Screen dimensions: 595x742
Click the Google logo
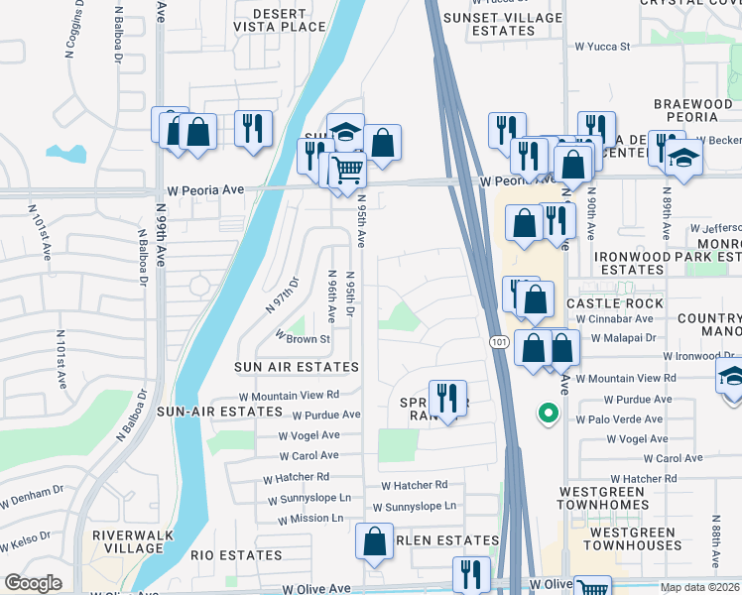point(33,583)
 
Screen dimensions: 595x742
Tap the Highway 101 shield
point(498,341)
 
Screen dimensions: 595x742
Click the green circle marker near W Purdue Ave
point(545,414)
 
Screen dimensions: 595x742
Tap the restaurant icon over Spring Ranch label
point(447,399)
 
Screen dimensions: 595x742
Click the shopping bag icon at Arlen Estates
point(374,541)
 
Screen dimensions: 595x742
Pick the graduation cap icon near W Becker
point(682,158)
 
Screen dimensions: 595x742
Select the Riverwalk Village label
point(127,541)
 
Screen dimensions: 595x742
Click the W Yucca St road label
point(602,46)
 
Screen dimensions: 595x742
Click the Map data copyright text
point(699,587)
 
